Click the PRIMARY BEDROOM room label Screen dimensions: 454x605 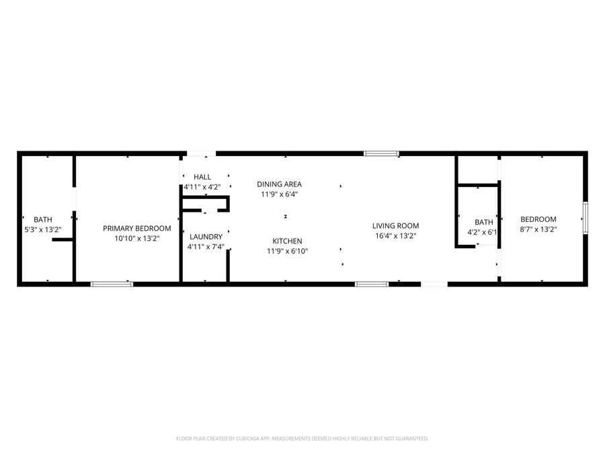131,229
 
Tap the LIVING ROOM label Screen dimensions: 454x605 396,226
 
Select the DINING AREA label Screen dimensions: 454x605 279,184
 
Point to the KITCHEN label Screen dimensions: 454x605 287,241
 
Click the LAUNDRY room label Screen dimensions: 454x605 205,237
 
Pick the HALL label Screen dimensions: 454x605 202,177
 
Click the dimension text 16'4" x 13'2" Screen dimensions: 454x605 396,236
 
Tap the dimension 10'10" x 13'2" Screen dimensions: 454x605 131,238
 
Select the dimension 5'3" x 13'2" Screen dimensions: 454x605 42,229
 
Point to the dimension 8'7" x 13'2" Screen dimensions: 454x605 538,229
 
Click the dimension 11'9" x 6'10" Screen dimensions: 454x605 287,252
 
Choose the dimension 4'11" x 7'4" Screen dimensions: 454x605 205,247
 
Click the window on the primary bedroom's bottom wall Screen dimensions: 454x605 112,284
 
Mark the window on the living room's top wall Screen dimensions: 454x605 381,154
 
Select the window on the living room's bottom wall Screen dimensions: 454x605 372,284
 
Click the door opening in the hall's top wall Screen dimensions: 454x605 201,154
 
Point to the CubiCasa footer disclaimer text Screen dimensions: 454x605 302,439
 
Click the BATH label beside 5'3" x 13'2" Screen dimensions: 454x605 43,219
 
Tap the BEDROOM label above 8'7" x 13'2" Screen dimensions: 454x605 538,219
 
